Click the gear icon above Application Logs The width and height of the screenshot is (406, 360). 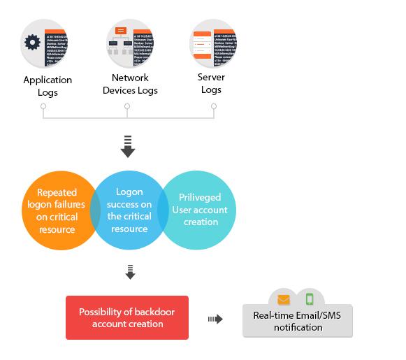point(33,42)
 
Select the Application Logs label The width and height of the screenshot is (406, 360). point(48,86)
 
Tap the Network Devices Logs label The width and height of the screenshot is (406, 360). point(130,84)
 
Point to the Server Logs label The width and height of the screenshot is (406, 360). point(211,83)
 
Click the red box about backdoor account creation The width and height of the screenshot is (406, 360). point(127,318)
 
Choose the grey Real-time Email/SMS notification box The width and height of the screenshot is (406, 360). point(298,321)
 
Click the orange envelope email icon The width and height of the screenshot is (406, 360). point(284,300)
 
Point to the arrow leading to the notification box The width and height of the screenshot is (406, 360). point(215,319)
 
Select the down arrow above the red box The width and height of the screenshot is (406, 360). point(129,272)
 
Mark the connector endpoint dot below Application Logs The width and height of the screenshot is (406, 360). point(43,107)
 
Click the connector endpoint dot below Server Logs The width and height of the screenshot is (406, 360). point(213,107)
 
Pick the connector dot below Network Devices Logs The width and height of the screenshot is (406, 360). point(127,107)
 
